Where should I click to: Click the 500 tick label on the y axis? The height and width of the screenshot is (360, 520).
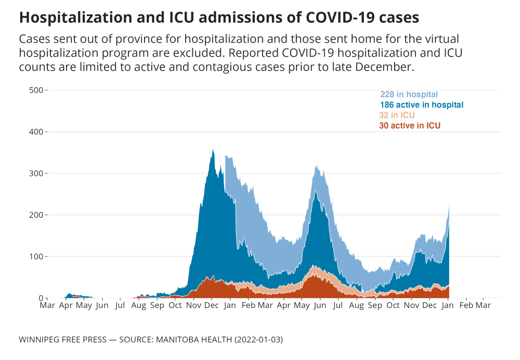tap(36, 90)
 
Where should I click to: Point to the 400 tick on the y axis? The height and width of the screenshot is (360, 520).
tap(36, 132)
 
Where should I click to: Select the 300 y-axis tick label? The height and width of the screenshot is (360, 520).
tap(36, 173)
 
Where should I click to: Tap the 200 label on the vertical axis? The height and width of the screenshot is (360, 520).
tap(36, 215)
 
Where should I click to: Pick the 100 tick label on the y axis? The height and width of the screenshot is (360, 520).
tap(36, 256)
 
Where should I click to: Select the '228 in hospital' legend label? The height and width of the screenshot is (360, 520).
tap(409, 95)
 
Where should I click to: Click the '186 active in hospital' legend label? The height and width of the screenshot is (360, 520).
tap(421, 105)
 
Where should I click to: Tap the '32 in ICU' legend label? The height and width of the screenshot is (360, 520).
tap(397, 115)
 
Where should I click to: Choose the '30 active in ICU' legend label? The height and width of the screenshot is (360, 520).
tap(410, 126)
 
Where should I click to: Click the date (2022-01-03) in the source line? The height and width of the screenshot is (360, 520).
tap(258, 340)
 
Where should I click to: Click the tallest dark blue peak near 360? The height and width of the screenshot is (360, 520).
tap(213, 151)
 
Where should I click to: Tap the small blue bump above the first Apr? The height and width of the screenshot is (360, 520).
tap(69, 294)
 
